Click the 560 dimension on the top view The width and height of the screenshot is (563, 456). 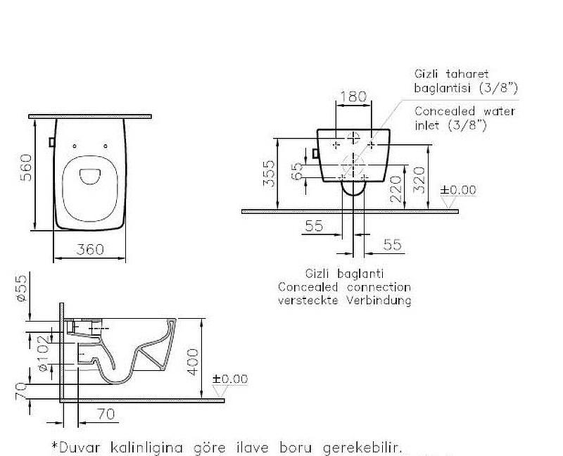(x=26, y=167)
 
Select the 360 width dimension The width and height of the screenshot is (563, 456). (x=90, y=249)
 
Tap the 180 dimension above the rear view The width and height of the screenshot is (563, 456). (x=353, y=96)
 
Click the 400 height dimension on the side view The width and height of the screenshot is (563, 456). (x=194, y=361)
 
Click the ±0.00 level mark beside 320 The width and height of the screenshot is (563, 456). (x=458, y=190)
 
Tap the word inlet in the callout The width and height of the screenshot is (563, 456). (x=428, y=125)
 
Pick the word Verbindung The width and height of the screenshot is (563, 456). (x=381, y=300)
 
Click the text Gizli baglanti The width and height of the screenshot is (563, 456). (x=344, y=274)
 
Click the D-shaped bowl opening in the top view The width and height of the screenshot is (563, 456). (x=89, y=175)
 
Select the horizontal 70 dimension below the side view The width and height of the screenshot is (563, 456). (x=105, y=415)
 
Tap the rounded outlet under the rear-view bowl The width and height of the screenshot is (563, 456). (x=353, y=189)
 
